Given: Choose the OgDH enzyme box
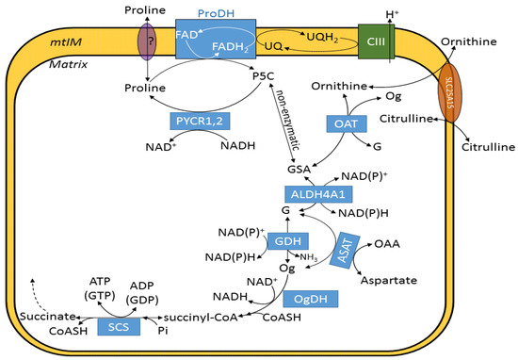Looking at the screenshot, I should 309,298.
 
